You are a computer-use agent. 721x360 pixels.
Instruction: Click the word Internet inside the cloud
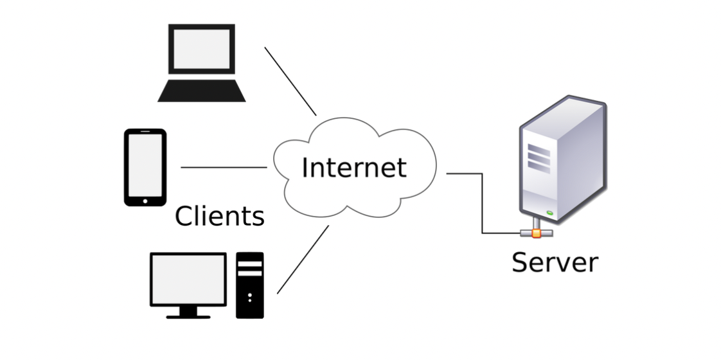click(x=353, y=168)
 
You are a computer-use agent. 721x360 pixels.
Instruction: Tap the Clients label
click(x=219, y=217)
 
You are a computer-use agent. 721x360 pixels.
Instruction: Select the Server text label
click(x=555, y=262)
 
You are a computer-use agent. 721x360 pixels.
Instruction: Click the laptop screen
click(x=201, y=50)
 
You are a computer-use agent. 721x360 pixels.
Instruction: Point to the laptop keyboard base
click(x=202, y=91)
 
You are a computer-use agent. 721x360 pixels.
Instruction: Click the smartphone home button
click(x=145, y=201)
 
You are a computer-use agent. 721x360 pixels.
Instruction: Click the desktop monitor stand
click(x=188, y=312)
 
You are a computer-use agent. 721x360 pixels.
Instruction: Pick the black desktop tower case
click(x=250, y=285)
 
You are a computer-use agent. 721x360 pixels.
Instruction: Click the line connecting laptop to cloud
click(x=290, y=81)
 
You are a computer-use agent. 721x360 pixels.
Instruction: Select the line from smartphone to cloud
click(x=224, y=167)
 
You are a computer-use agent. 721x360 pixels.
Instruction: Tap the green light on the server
click(x=550, y=213)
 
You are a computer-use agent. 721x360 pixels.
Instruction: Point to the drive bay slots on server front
click(x=539, y=155)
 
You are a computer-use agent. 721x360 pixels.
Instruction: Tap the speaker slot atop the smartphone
click(x=145, y=134)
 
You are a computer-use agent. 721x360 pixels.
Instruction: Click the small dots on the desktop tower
click(x=250, y=296)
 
